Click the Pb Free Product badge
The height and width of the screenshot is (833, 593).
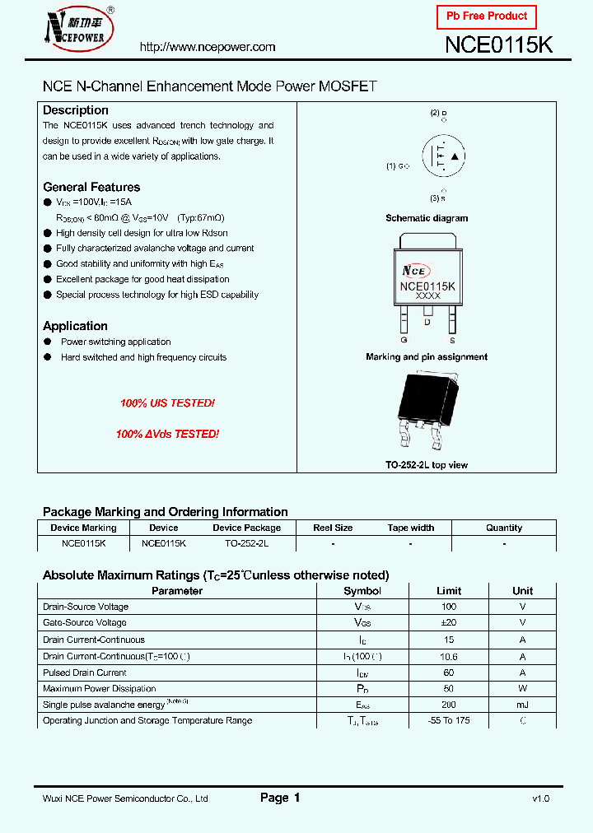[486, 16]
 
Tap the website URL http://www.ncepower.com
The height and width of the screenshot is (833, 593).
[208, 47]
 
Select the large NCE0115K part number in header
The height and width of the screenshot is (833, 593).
[498, 46]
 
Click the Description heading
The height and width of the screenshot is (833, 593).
[76, 110]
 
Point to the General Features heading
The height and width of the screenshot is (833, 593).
[91, 187]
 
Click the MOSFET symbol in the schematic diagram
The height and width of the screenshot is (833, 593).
[443, 156]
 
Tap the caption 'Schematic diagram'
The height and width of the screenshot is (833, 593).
[427, 218]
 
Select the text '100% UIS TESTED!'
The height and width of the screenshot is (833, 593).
[168, 403]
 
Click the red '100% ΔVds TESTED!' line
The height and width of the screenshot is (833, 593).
[168, 434]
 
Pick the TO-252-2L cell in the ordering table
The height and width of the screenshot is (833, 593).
[246, 544]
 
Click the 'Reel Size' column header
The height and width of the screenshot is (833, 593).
[333, 528]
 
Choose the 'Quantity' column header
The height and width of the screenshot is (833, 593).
[504, 528]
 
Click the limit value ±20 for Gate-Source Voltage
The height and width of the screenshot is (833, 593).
[449, 623]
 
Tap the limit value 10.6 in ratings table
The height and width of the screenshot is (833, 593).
[449, 656]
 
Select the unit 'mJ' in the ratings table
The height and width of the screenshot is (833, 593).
[522, 705]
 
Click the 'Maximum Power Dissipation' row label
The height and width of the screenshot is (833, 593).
[99, 688]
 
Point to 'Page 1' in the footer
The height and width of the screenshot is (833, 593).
[280, 798]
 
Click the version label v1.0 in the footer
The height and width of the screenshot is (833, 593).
[540, 798]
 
